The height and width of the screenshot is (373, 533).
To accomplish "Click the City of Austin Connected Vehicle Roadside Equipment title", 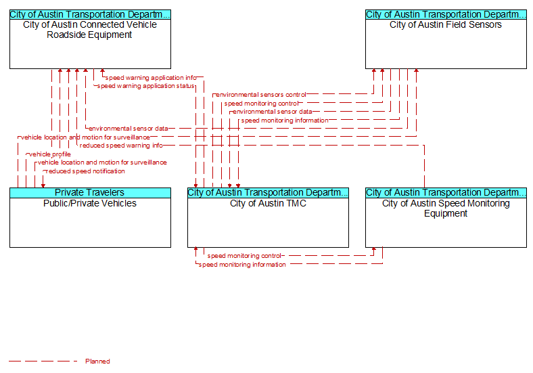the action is click(x=90, y=30).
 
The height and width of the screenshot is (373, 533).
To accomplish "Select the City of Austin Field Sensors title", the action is click(x=446, y=24).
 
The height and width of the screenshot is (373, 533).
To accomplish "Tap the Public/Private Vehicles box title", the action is click(x=90, y=203).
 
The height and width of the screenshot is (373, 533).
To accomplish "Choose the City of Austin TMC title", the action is click(x=268, y=203).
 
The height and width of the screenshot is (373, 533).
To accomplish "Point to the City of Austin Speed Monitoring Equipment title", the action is click(x=446, y=209).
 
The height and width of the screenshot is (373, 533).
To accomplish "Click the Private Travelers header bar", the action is click(x=90, y=193).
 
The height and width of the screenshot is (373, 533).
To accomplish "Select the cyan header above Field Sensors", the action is click(x=446, y=15).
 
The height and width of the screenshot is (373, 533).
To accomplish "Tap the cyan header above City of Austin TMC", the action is click(x=269, y=193).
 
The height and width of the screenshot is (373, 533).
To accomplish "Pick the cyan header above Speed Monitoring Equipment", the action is click(x=446, y=193).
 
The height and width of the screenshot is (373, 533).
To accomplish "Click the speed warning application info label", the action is click(x=151, y=78).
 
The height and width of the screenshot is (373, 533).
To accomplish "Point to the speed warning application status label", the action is click(x=146, y=86).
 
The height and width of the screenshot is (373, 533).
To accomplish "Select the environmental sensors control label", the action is click(x=260, y=95).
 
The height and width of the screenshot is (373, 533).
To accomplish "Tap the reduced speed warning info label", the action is click(x=121, y=146).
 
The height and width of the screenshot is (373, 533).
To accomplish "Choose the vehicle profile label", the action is click(x=50, y=154).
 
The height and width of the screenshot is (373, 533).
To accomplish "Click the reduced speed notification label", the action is click(x=85, y=171).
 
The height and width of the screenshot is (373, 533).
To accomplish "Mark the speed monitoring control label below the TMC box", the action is click(x=244, y=256).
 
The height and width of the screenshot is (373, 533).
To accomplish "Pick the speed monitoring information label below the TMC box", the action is click(x=242, y=265).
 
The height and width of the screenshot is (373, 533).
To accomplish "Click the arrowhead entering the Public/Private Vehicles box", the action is click(x=43, y=185).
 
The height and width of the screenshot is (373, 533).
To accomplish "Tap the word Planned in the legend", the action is click(x=97, y=361).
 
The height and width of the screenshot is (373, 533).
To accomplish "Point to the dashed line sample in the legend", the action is click(x=43, y=361).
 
